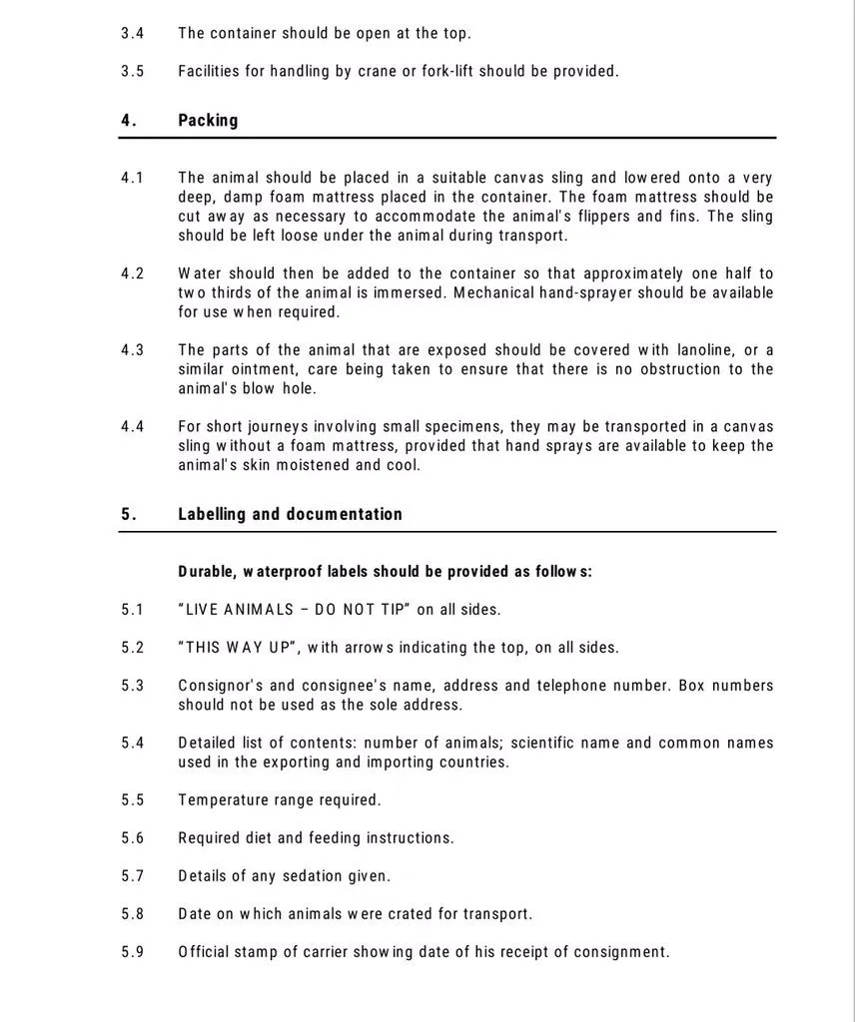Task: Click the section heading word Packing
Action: [208, 121]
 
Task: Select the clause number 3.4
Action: [133, 33]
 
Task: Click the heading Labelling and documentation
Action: [290, 515]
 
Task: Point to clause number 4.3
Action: [133, 350]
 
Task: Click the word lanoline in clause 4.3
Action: [705, 350]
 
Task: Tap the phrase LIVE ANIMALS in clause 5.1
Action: [240, 610]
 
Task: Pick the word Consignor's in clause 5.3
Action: [221, 686]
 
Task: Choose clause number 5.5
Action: [133, 800]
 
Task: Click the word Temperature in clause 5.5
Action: [225, 800]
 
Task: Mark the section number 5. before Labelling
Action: [128, 515]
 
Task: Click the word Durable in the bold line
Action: [207, 572]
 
